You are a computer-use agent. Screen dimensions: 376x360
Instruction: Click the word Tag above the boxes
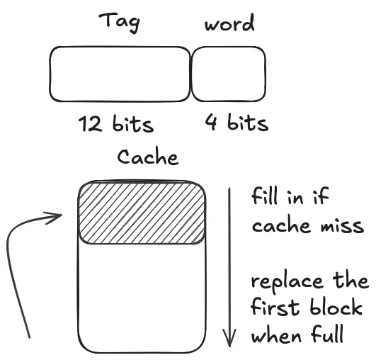tap(119, 22)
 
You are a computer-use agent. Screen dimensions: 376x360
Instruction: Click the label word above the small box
tap(229, 23)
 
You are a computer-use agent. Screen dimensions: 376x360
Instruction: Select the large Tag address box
tap(120, 74)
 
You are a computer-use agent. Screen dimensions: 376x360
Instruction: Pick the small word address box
tap(229, 74)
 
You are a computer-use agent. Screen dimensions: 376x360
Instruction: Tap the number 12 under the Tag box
tap(90, 124)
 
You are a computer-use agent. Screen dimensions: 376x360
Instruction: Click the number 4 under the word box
tap(212, 122)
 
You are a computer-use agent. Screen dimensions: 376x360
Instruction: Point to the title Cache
tap(148, 157)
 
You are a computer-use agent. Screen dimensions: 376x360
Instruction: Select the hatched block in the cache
tap(142, 213)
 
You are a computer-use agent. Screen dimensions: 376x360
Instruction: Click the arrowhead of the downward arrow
tap(229, 338)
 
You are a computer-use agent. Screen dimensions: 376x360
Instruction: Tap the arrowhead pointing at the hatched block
tap(54, 217)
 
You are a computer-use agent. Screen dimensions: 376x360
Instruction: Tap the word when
tap(276, 334)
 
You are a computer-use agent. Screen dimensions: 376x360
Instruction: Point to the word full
tap(328, 333)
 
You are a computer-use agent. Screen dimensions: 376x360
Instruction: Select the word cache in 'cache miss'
tap(281, 225)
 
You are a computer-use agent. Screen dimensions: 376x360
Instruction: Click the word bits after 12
tap(133, 123)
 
